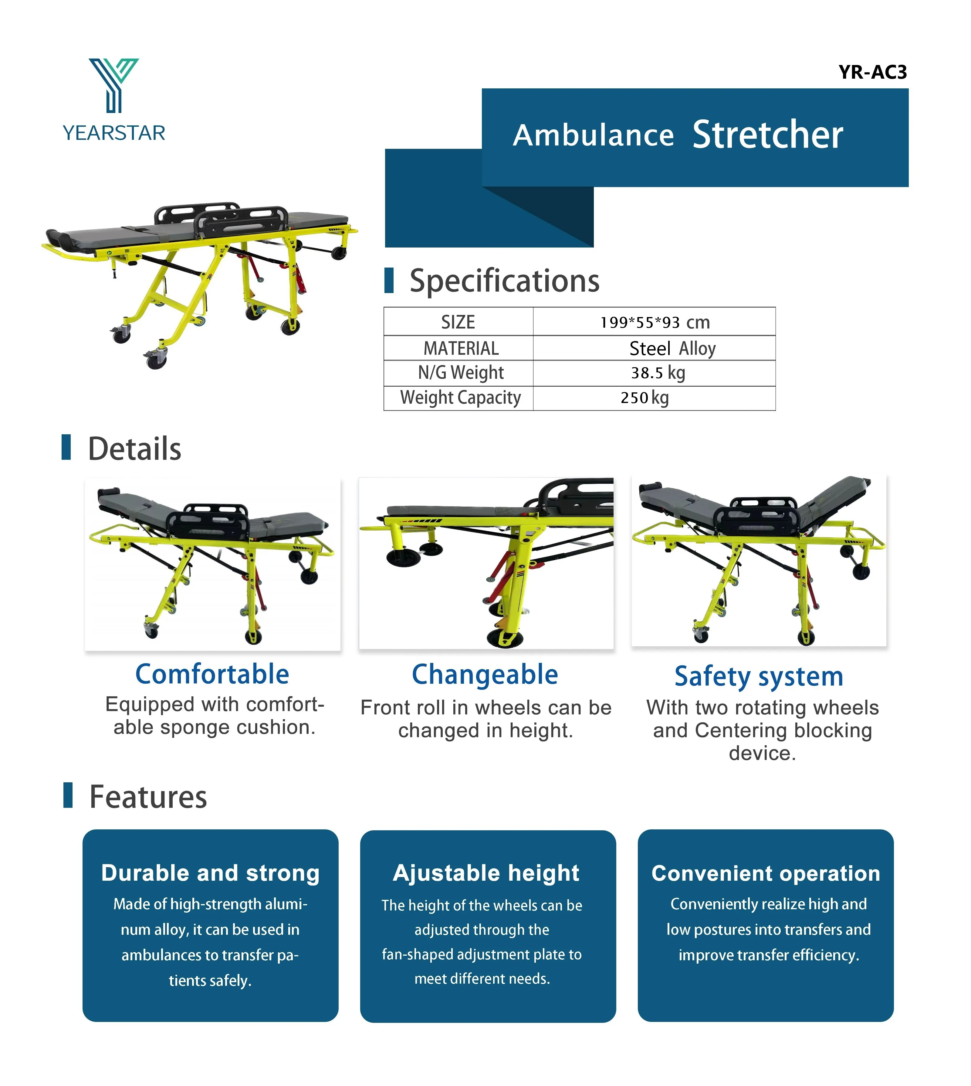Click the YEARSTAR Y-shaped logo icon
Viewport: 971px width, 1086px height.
click(114, 84)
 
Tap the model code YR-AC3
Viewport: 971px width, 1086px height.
click(872, 72)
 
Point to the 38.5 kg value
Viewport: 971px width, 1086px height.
click(658, 373)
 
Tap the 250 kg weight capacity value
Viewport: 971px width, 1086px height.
click(645, 398)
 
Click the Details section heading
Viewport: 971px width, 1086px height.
click(134, 449)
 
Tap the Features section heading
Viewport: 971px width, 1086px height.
click(148, 797)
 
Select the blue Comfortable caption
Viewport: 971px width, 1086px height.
click(212, 674)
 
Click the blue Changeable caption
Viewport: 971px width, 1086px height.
click(485, 674)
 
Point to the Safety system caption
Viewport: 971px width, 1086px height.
click(759, 677)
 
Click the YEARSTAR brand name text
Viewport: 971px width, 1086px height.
click(114, 133)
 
